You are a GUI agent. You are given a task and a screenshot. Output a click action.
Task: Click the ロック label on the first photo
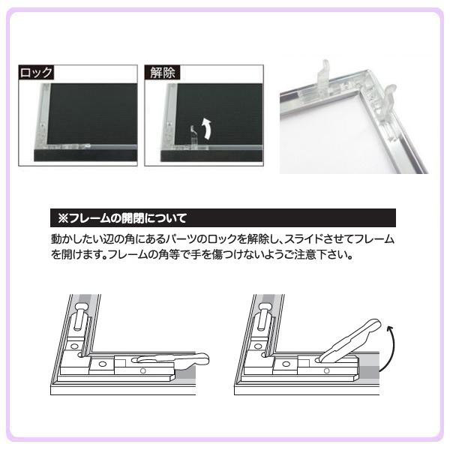(x=36, y=72)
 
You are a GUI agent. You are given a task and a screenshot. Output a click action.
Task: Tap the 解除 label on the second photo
(x=163, y=72)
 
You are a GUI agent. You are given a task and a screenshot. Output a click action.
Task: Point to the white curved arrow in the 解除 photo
(x=207, y=128)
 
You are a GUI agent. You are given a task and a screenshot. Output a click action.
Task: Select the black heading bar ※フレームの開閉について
(x=223, y=218)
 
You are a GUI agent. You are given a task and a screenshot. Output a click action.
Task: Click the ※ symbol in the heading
(x=63, y=218)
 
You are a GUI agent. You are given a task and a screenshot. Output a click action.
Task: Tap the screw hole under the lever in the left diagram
(x=143, y=370)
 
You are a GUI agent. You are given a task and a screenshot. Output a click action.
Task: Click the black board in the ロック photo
(x=92, y=114)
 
